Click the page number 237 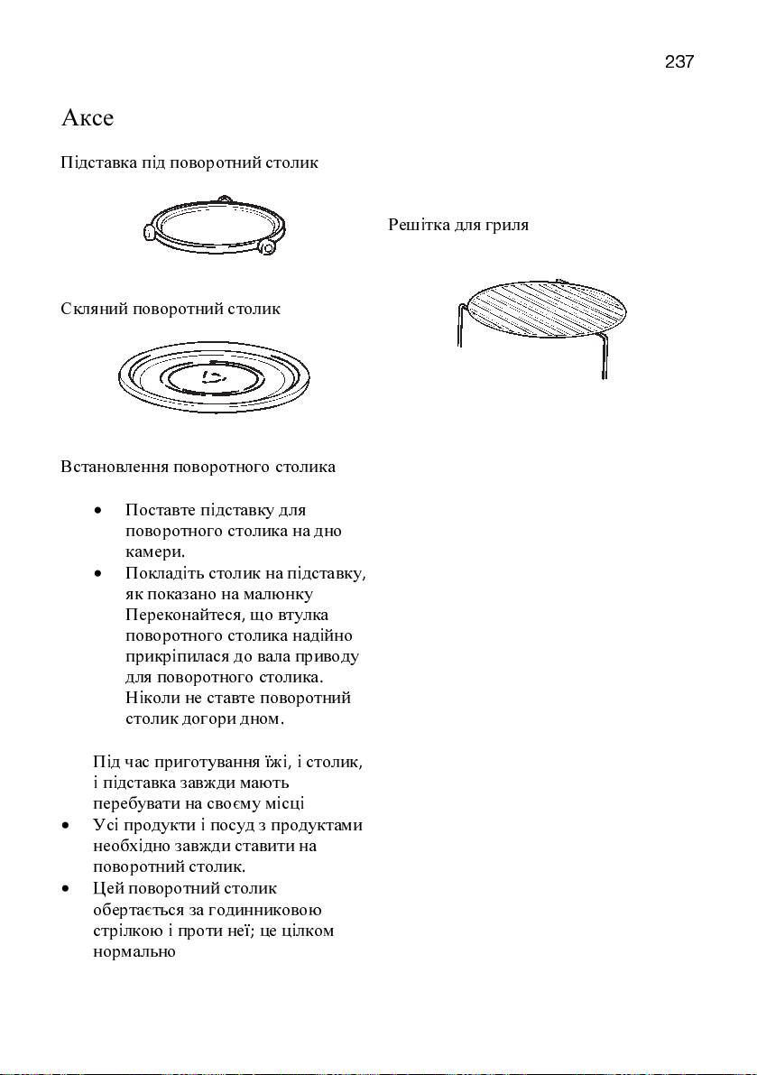(x=679, y=62)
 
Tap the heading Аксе (x=88, y=118)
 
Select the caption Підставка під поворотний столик (x=189, y=163)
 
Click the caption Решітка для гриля (x=458, y=225)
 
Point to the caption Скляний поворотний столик (x=171, y=310)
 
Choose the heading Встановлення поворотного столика (x=198, y=467)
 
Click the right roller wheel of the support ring (x=267, y=246)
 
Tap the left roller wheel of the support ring (x=149, y=233)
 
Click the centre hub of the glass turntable (x=213, y=376)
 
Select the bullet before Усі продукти (x=67, y=826)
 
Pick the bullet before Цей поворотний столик (x=67, y=889)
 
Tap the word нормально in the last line (x=134, y=951)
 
